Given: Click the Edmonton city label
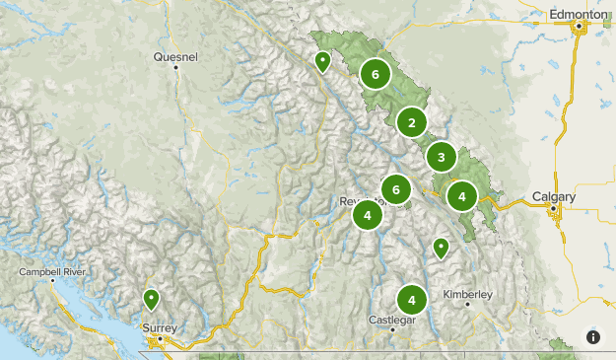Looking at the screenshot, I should click(579, 15).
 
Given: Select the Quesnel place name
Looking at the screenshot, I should click(175, 57).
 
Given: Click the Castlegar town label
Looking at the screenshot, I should click(391, 320).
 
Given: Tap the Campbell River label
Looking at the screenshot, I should click(54, 270).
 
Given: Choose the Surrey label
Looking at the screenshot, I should click(160, 327).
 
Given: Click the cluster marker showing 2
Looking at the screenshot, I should click(411, 123).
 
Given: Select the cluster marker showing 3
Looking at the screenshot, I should click(441, 156).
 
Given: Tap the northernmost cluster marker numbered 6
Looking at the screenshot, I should click(375, 73).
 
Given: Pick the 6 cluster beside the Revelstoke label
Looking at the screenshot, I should click(395, 189).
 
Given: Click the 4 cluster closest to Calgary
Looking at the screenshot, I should click(461, 195).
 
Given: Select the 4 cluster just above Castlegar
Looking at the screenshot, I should click(411, 299).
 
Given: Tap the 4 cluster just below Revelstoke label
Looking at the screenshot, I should click(367, 215).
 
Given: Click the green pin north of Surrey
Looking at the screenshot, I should click(152, 298).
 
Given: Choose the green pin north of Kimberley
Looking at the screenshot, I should click(441, 248).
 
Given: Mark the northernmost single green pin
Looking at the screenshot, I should click(322, 61).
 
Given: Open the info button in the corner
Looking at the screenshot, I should click(593, 337).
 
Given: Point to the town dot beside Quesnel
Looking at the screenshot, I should click(175, 67).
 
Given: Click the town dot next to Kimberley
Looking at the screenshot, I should click(468, 304).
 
